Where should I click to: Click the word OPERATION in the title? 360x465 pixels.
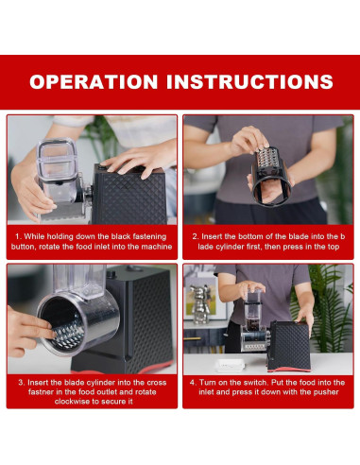click(94, 82)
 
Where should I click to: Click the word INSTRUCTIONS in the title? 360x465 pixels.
click(249, 82)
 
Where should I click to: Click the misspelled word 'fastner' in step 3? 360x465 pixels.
click(41, 392)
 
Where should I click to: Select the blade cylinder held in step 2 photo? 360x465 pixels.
click(270, 177)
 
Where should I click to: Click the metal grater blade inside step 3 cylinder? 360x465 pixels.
click(67, 334)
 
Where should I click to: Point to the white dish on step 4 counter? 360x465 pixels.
click(231, 364)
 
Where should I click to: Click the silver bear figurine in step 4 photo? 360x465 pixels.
click(199, 303)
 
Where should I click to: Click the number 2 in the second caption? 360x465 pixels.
click(195, 237)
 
